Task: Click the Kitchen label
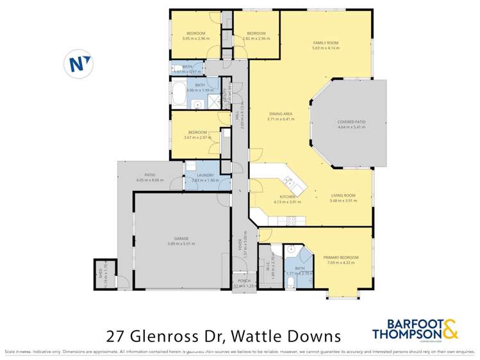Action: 286,197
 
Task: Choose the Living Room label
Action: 342,197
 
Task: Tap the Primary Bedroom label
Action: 340,257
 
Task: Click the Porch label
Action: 244,280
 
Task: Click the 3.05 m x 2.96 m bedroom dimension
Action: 195,38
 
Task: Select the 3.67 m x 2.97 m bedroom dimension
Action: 197,137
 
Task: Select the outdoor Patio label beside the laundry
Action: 150,175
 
